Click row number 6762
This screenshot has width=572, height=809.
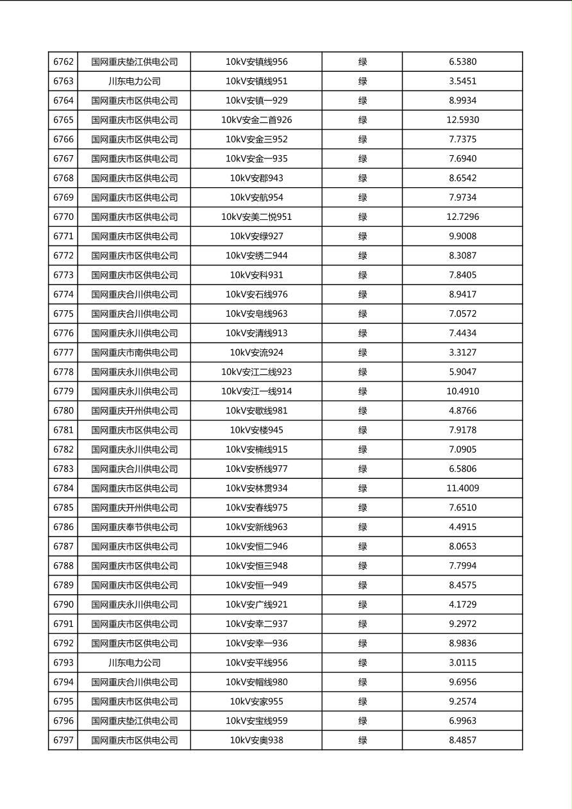coord(63,62)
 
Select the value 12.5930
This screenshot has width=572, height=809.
coord(462,120)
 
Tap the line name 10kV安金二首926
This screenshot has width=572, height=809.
coord(257,120)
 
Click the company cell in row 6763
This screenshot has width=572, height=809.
coord(134,81)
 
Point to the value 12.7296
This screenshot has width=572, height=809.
coord(462,217)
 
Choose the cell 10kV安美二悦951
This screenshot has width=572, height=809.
coord(257,217)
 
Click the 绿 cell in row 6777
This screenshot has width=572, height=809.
coord(362,353)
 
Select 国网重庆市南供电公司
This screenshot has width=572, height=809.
coord(134,353)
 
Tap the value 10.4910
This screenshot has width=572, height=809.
coord(462,391)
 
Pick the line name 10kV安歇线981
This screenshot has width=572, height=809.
coord(257,411)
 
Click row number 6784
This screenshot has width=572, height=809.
coord(63,488)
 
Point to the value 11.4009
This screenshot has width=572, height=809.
coord(462,488)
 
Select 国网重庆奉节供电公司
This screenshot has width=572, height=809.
coord(134,527)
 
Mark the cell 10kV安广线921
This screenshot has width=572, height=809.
coord(257,605)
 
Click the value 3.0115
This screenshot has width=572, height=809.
coord(462,663)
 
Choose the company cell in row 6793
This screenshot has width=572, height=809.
coord(134,663)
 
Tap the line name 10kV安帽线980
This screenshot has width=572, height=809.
coord(257,682)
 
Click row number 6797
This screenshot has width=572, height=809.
coord(63,740)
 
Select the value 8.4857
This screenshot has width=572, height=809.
coord(462,740)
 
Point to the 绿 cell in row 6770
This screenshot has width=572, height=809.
coord(362,217)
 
